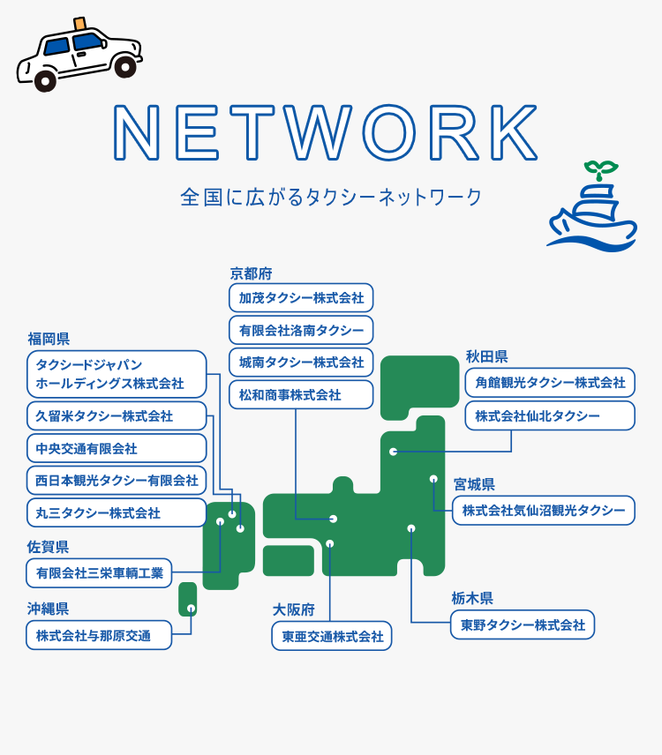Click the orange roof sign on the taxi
(x=80, y=23)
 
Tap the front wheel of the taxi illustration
(x=45, y=81)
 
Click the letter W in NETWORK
(x=317, y=132)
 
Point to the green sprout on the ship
(x=601, y=169)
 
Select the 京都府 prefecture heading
(x=251, y=273)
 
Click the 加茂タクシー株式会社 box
(x=301, y=298)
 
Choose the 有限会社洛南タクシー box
(x=301, y=330)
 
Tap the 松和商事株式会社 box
(x=301, y=395)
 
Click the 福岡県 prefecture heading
(x=49, y=339)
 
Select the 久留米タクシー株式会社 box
(x=117, y=416)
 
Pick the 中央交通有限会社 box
(x=117, y=448)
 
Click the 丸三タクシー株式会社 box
(x=117, y=512)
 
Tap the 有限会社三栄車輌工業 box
(x=99, y=573)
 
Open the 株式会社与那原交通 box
(x=99, y=635)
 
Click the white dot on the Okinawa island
(x=191, y=608)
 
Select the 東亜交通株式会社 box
(x=332, y=636)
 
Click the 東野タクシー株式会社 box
(x=523, y=625)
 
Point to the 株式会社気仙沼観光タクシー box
(x=544, y=511)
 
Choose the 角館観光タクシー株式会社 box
(x=550, y=383)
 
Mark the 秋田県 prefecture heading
(x=486, y=356)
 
